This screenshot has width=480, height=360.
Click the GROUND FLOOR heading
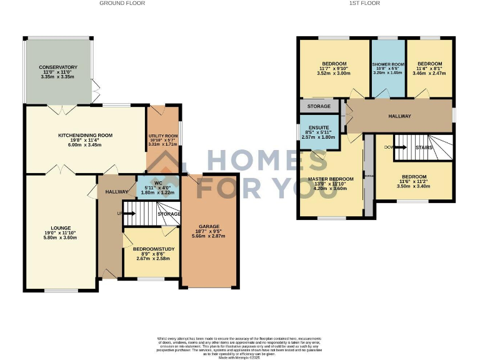point(122,3)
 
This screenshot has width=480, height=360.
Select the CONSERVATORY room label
point(58,67)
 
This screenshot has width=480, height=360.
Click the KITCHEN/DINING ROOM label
point(85,135)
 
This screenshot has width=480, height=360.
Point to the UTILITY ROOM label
point(163,136)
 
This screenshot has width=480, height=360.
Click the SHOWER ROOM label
point(388,64)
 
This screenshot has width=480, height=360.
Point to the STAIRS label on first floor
point(424,147)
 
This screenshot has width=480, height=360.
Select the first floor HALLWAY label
point(399,116)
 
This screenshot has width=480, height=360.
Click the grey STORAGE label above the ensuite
point(319,106)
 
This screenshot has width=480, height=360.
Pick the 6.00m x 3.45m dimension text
point(85,145)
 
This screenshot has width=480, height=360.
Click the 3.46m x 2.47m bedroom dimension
point(429,73)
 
